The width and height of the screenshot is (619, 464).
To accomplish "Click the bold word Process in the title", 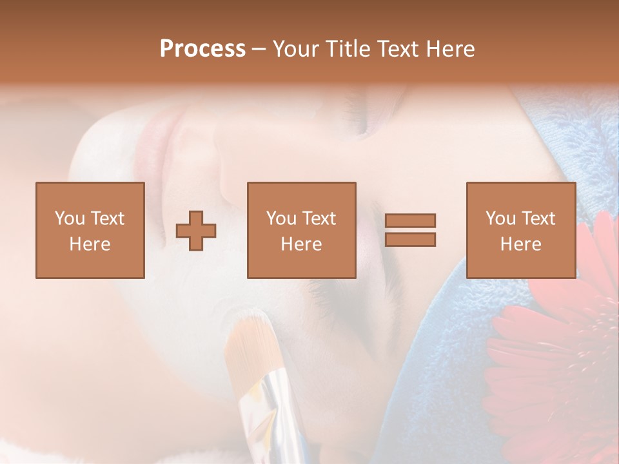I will [202, 49].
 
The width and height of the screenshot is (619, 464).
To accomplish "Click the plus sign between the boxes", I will [196, 231].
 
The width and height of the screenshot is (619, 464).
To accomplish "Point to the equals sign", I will [410, 230].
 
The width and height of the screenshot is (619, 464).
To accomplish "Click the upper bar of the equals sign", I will [410, 221].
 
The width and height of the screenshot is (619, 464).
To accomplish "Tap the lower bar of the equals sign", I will [410, 240].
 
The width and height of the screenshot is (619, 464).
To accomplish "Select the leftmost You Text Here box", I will [90, 230].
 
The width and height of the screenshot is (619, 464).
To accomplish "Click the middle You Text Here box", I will [301, 230].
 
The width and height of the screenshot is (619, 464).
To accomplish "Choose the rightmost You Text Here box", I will [520, 230].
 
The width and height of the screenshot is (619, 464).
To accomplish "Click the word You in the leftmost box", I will [70, 218].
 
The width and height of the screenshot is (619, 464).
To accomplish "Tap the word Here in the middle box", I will [301, 244].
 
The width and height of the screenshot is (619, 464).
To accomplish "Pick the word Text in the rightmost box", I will [539, 218].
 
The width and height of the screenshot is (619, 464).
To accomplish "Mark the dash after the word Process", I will [259, 50].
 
